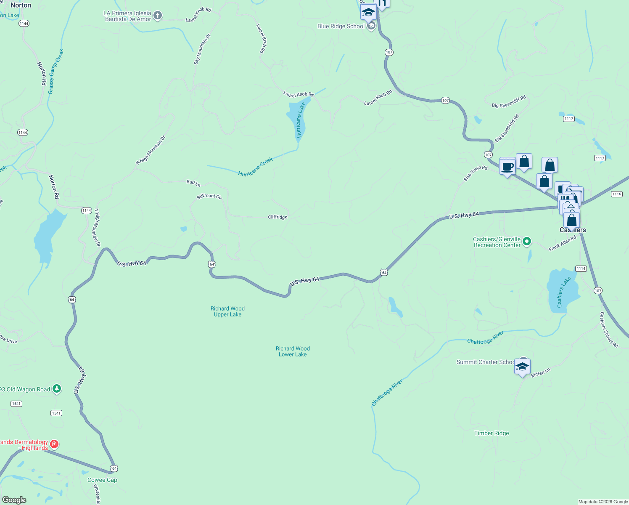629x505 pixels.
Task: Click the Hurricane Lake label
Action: click(x=300, y=120)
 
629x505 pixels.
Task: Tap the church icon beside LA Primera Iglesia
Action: click(x=158, y=16)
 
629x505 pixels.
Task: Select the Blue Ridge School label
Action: click(x=341, y=26)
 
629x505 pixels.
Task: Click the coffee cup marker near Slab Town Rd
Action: click(x=507, y=167)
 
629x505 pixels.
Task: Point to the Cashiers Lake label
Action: click(x=564, y=292)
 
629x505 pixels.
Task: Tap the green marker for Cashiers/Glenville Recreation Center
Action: click(x=527, y=242)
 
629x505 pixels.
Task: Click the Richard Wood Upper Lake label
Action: click(x=227, y=311)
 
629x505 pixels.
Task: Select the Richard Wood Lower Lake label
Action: click(x=293, y=351)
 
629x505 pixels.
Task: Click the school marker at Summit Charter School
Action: click(x=522, y=367)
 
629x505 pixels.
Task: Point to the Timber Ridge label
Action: click(x=492, y=433)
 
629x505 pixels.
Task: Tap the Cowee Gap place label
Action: click(x=102, y=480)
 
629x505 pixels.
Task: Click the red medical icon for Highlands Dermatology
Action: click(x=54, y=444)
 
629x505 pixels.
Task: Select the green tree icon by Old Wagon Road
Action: click(x=57, y=389)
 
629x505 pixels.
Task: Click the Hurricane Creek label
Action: click(x=256, y=167)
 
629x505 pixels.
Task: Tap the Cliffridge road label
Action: click(x=277, y=217)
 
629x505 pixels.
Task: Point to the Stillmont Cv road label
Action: click(x=209, y=196)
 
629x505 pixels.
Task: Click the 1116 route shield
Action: click(x=616, y=194)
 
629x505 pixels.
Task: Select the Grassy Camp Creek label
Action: click(x=56, y=72)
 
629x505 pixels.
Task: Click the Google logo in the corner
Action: click(x=14, y=500)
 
